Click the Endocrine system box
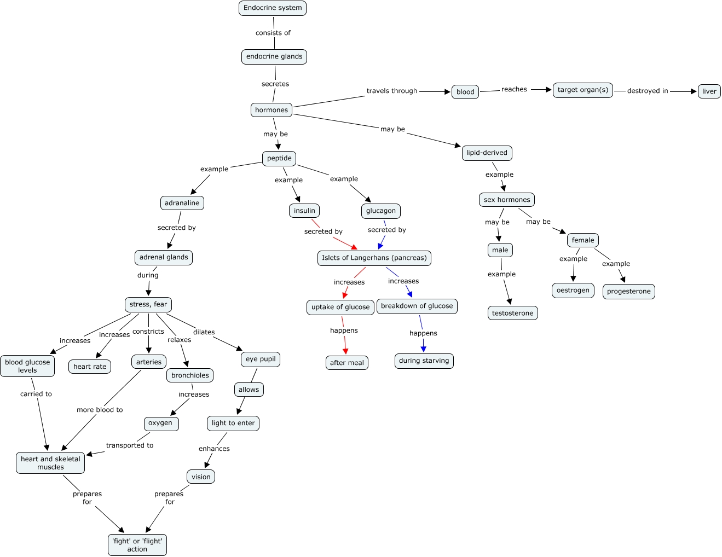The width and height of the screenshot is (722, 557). click(273, 8)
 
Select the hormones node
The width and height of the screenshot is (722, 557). click(272, 110)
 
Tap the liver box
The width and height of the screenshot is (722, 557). click(709, 91)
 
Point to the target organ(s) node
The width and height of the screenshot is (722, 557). click(583, 90)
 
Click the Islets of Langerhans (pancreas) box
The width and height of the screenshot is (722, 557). click(374, 258)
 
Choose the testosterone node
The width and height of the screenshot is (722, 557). click(513, 313)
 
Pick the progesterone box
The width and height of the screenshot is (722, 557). click(628, 291)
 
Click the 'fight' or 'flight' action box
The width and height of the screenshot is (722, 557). click(137, 545)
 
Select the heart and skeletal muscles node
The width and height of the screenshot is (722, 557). click(50, 463)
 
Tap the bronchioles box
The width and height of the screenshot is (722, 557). click(190, 375)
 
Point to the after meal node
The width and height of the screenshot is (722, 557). click(347, 363)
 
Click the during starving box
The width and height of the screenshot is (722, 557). click(424, 361)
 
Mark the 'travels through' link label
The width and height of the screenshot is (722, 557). click(392, 91)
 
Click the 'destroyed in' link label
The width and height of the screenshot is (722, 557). click(648, 91)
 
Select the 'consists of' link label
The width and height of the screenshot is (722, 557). click(273, 32)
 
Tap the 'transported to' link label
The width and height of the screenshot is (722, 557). click(130, 445)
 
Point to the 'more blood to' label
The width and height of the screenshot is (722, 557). click(100, 409)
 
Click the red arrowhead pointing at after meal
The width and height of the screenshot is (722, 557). click(346, 351)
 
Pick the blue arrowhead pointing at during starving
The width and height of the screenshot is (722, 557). click(423, 349)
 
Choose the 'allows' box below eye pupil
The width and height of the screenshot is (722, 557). click(249, 390)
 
